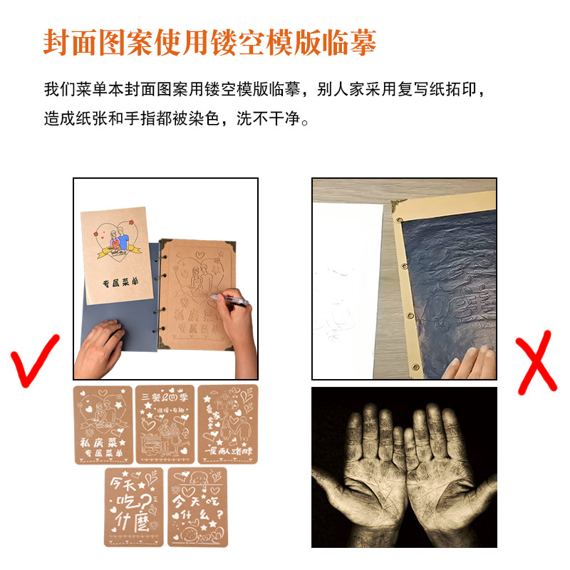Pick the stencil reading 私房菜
click(103, 425)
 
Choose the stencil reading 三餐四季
click(165, 425)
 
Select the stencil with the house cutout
click(227, 425)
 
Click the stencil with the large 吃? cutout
click(134, 507)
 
